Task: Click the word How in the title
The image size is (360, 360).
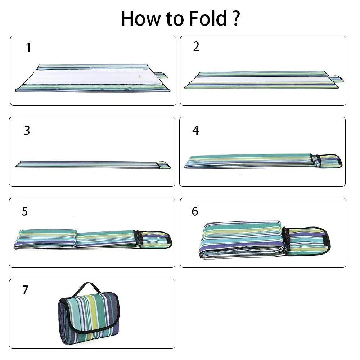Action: [139, 18]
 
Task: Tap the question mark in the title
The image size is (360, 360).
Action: [235, 18]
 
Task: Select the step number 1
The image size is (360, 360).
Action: [28, 48]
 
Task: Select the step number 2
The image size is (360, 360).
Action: [196, 46]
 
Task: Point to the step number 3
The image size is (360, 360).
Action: [27, 130]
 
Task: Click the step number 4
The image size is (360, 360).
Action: [195, 131]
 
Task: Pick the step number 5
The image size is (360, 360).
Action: [24, 211]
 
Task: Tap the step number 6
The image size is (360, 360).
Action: [195, 211]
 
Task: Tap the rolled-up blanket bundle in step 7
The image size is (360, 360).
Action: [88, 317]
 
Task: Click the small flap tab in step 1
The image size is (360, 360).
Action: [161, 75]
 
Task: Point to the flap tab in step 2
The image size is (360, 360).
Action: [336, 78]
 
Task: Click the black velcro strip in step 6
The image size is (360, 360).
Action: [325, 240]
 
